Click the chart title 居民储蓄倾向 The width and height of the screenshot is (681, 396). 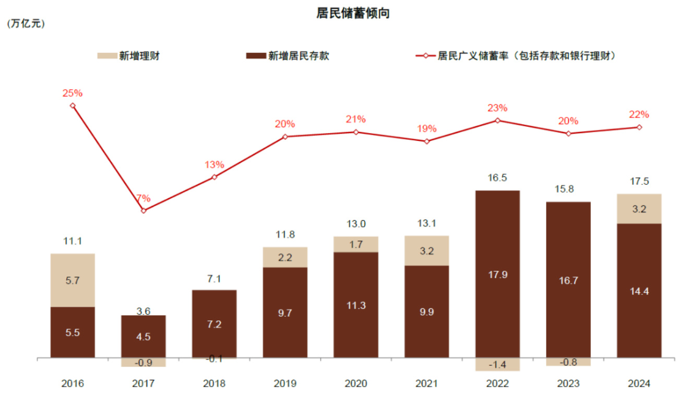353,14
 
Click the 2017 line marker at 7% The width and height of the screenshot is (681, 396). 144,210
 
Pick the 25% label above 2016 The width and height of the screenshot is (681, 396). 73,93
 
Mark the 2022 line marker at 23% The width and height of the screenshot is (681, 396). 498,121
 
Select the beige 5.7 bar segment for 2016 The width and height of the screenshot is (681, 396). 73,280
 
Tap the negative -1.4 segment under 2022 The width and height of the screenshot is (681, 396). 498,364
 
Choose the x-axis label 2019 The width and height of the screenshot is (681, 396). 285,383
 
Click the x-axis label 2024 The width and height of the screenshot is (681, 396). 639,383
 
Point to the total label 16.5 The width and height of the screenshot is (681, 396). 498,178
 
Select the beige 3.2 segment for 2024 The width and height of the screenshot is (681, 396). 639,209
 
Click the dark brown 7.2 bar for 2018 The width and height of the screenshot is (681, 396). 214,323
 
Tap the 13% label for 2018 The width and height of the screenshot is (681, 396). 214,165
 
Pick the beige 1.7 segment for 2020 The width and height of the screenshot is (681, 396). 356,244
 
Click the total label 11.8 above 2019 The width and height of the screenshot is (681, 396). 285,235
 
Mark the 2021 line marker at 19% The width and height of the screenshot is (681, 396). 427,141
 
